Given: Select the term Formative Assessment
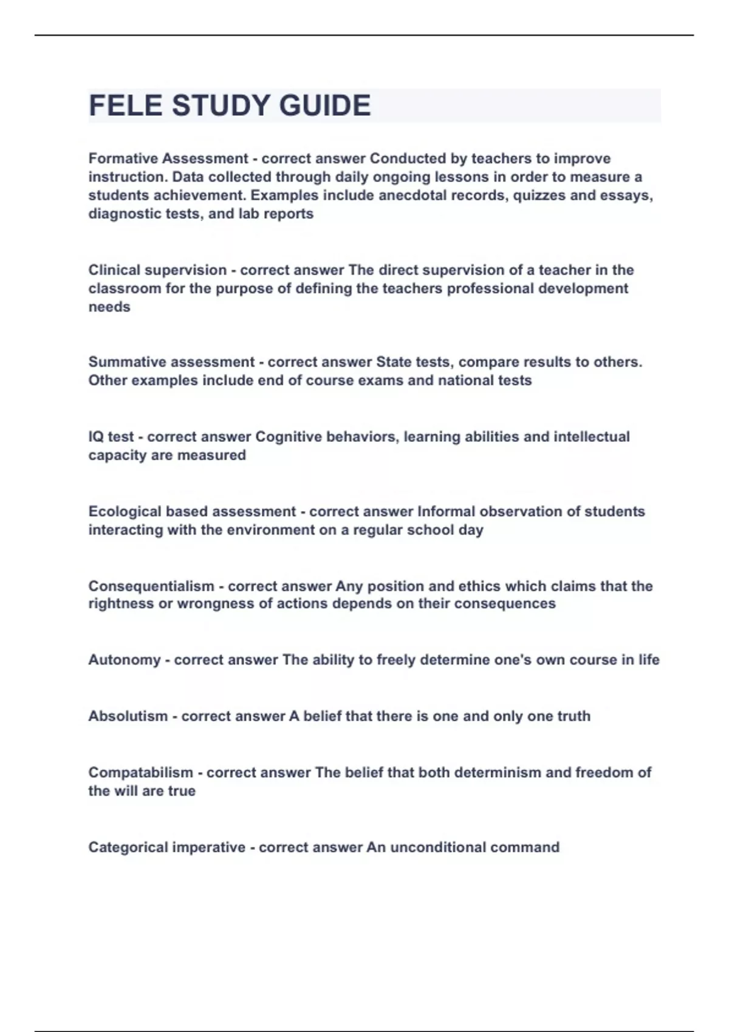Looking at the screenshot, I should tap(168, 158).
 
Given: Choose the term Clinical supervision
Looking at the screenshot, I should tap(157, 270).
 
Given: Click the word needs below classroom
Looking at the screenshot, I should tap(109, 307).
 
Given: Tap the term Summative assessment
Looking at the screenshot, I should tap(171, 362).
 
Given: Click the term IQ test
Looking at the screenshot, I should tap(111, 437).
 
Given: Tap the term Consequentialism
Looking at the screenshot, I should tap(151, 586).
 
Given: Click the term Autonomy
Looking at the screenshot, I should tap(125, 660).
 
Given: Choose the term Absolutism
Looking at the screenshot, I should tap(128, 716).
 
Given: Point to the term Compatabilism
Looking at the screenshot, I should tap(141, 773).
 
